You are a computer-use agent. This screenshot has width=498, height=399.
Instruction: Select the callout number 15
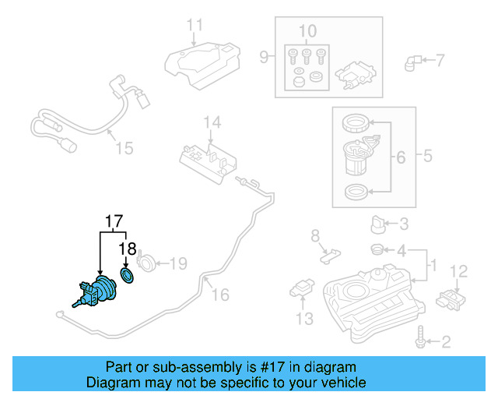124,147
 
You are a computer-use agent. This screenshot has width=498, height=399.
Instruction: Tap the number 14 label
212,123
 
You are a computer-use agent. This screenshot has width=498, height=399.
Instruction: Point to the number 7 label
440,60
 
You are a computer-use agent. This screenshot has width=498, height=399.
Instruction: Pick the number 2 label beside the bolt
446,341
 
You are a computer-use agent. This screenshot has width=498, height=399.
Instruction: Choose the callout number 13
303,318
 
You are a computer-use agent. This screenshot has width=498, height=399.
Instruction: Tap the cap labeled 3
379,224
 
